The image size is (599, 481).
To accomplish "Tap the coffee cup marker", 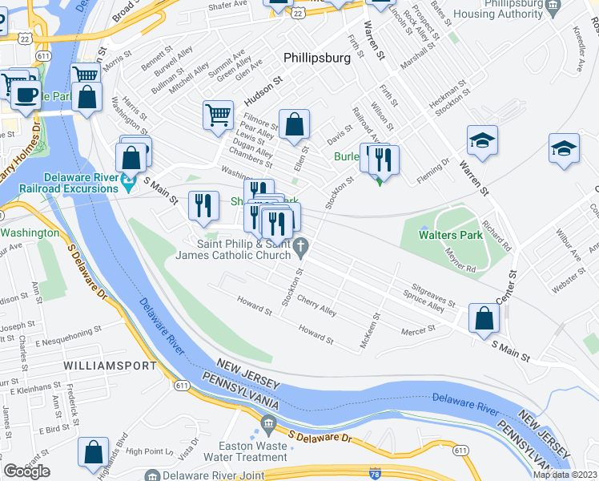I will (26, 96).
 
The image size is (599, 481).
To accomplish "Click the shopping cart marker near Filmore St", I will (218, 115).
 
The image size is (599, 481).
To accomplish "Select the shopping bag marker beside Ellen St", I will (295, 123).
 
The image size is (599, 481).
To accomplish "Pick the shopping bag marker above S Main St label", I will (484, 318).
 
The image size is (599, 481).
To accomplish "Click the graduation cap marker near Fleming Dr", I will (483, 141).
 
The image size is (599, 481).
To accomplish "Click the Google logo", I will (26, 471).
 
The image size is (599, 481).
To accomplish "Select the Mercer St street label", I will (419, 328).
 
